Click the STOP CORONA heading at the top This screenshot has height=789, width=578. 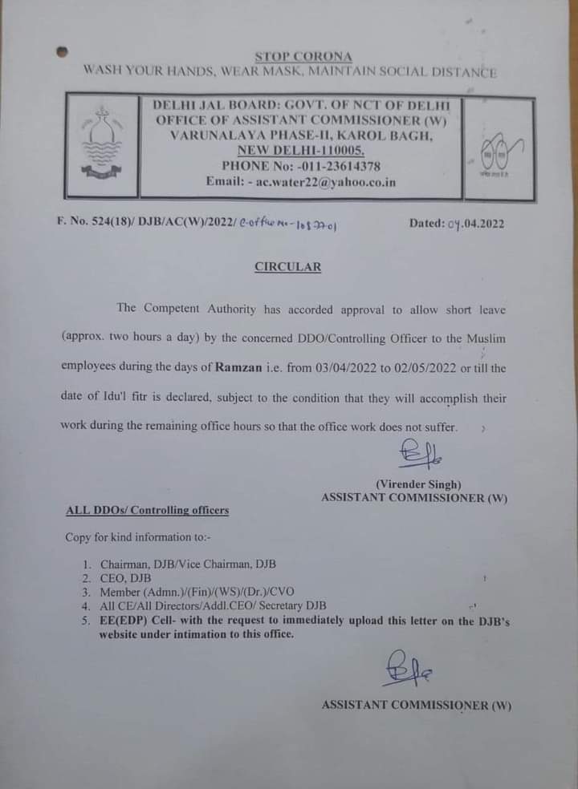point(303,56)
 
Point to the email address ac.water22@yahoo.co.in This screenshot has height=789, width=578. point(324,182)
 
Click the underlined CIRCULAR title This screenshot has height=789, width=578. point(287,267)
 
